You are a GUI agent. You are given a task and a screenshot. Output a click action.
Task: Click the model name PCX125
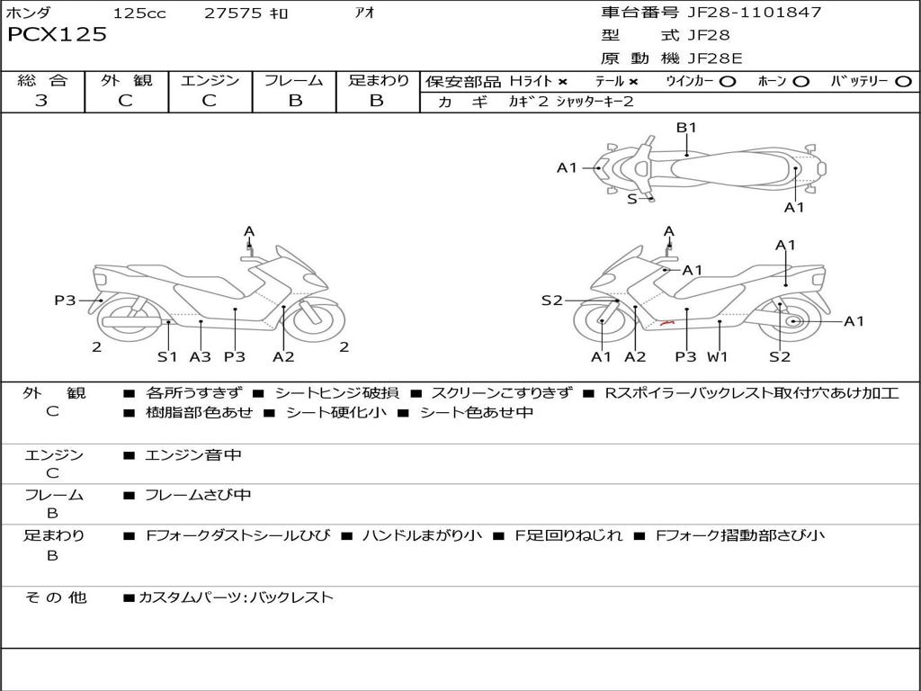[57, 35]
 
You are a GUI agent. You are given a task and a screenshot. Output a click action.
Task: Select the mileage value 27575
[233, 13]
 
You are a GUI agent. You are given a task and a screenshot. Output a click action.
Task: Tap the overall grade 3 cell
[41, 101]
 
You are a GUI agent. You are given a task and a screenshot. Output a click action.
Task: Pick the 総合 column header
[41, 81]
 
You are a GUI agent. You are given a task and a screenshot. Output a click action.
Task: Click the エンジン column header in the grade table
[210, 81]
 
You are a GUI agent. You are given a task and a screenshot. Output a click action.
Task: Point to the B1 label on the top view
[686, 128]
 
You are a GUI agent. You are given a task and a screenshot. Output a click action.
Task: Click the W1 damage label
[717, 356]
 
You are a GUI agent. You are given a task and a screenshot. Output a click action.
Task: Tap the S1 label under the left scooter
[167, 356]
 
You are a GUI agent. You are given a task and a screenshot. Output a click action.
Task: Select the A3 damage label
[200, 356]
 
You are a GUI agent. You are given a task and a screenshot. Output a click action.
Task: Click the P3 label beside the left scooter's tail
[65, 301]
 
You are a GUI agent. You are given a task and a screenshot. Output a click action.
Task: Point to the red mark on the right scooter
[666, 320]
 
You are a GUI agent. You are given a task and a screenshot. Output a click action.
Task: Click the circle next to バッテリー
[903, 81]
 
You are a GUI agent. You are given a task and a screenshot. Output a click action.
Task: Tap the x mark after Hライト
[562, 81]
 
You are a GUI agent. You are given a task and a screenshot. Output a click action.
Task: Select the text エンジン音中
[193, 455]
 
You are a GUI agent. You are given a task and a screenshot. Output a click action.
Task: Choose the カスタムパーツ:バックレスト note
[236, 597]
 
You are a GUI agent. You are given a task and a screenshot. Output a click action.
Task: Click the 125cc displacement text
[139, 13]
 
